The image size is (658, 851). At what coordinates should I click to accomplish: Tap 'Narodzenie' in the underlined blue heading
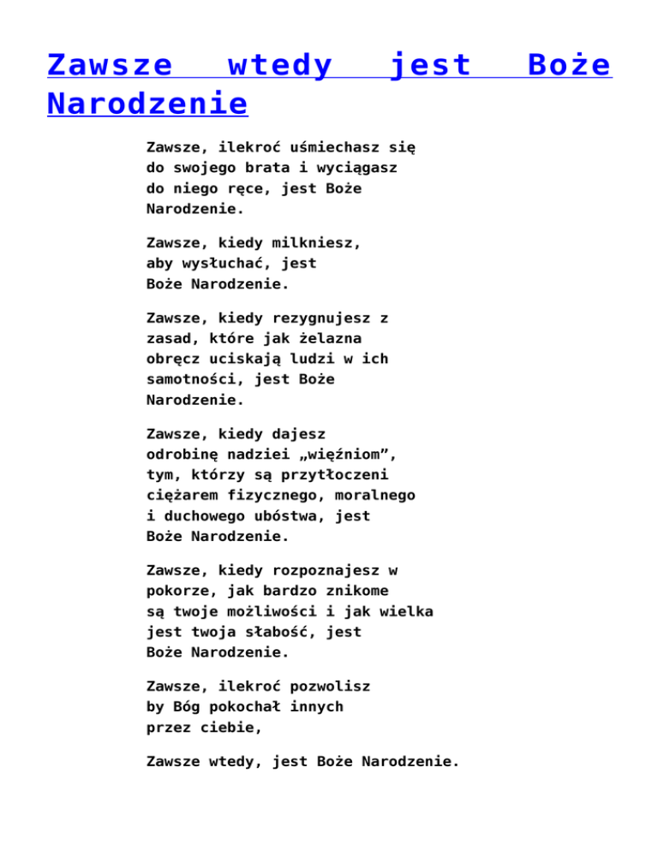(147, 104)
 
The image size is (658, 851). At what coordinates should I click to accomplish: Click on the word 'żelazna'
(330, 338)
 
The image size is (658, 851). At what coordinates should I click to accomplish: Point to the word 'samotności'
(191, 378)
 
